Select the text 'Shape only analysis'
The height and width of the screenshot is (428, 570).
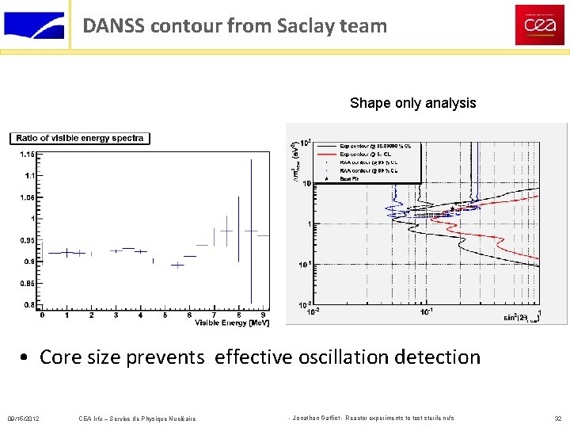412,103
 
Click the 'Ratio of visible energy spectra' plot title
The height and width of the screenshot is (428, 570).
80,138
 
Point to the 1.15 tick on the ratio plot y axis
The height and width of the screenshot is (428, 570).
28,154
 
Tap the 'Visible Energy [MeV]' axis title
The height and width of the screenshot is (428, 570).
232,322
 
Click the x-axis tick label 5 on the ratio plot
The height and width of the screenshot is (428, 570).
165,315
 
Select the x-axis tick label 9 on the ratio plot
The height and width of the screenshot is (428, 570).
263,315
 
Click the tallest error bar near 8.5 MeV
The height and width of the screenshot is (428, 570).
251,230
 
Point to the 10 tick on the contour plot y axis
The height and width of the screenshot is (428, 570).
306,183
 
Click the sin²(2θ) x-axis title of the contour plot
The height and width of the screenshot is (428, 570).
519,319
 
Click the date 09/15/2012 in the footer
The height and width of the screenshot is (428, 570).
24,418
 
